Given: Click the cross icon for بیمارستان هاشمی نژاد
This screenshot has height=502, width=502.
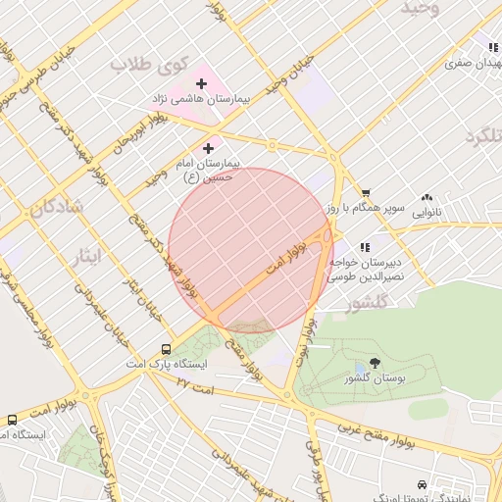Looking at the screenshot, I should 202,84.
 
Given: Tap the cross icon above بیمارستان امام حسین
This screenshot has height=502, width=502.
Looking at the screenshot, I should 208,148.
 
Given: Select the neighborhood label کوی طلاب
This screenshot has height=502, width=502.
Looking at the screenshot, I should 148,65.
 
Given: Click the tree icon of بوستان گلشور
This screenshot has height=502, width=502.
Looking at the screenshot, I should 374,363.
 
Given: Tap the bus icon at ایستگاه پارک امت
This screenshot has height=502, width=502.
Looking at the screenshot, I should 166,349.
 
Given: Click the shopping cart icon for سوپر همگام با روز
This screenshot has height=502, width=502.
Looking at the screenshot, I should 366,193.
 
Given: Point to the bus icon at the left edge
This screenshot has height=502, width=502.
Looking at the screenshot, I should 12,419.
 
